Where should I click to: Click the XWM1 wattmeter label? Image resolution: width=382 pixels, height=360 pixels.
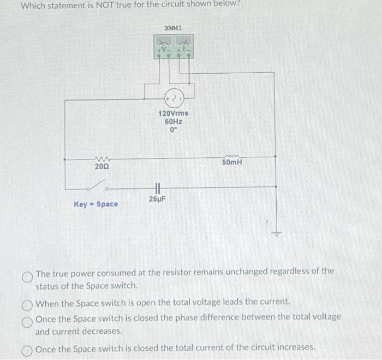point(173,27)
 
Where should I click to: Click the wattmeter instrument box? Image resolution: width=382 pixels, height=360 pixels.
point(173,48)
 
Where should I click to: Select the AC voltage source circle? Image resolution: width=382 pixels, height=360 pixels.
point(173,99)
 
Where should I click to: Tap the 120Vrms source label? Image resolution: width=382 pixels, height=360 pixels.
point(173,113)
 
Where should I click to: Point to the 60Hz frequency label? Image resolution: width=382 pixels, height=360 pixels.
point(173,122)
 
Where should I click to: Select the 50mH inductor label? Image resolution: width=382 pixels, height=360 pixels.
point(232,162)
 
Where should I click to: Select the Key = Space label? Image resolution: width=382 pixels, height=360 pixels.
point(96,204)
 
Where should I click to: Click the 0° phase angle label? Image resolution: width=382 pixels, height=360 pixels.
point(173,131)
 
